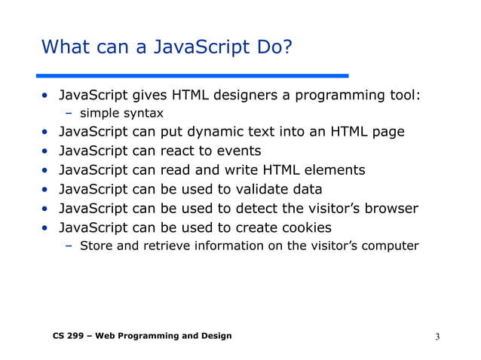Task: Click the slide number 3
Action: coord(437,336)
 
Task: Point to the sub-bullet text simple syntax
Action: coord(121,113)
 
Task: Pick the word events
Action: coord(236,151)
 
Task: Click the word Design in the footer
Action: coord(213,336)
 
